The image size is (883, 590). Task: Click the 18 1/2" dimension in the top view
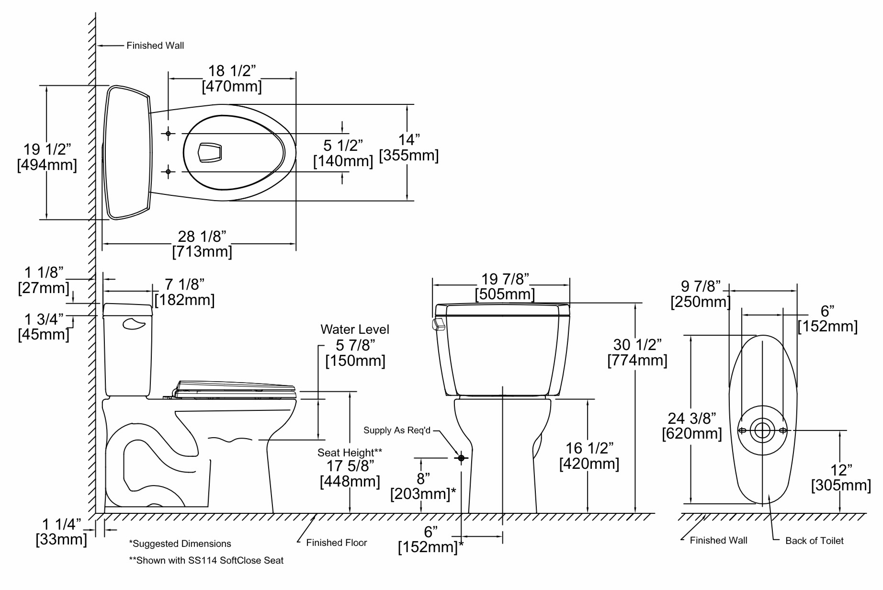[x=232, y=71]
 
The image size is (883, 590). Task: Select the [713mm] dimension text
[x=202, y=252]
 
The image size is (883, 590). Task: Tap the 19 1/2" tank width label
[x=47, y=149]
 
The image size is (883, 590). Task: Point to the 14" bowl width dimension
[x=409, y=140]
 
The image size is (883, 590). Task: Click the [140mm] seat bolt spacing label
[x=343, y=161]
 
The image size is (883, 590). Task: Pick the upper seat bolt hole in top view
[x=168, y=133]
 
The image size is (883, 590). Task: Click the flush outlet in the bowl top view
[x=210, y=152]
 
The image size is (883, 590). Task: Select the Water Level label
[x=355, y=329]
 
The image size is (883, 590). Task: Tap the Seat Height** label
[x=350, y=453]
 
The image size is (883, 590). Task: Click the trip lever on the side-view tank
[x=134, y=324]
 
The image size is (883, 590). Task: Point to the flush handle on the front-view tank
[x=438, y=324]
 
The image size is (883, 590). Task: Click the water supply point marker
[x=461, y=458]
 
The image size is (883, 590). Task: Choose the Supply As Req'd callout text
[x=397, y=431]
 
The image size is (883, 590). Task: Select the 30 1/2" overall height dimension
[x=637, y=345]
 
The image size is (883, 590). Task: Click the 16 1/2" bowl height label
[x=589, y=448]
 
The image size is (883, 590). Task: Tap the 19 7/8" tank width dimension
[x=505, y=279]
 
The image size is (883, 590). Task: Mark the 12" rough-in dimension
[x=841, y=470]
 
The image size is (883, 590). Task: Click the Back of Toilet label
[x=815, y=541]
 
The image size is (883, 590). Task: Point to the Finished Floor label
[x=337, y=543]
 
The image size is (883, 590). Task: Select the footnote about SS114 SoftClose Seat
[x=206, y=560]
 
